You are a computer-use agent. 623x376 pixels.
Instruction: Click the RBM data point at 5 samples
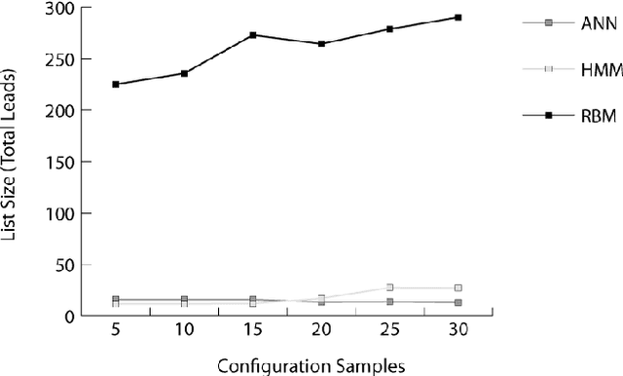coord(116,85)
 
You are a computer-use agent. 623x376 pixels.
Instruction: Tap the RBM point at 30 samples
coord(458,18)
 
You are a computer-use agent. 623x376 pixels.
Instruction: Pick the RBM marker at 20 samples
coord(321,44)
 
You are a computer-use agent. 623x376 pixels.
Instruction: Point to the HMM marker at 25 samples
coord(389,287)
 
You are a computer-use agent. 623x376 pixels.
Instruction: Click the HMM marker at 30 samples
coord(458,288)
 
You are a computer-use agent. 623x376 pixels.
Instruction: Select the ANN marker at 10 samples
coord(184,299)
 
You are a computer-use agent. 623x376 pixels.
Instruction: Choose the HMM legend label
coord(598,68)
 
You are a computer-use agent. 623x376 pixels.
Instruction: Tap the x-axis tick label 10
coord(184,332)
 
